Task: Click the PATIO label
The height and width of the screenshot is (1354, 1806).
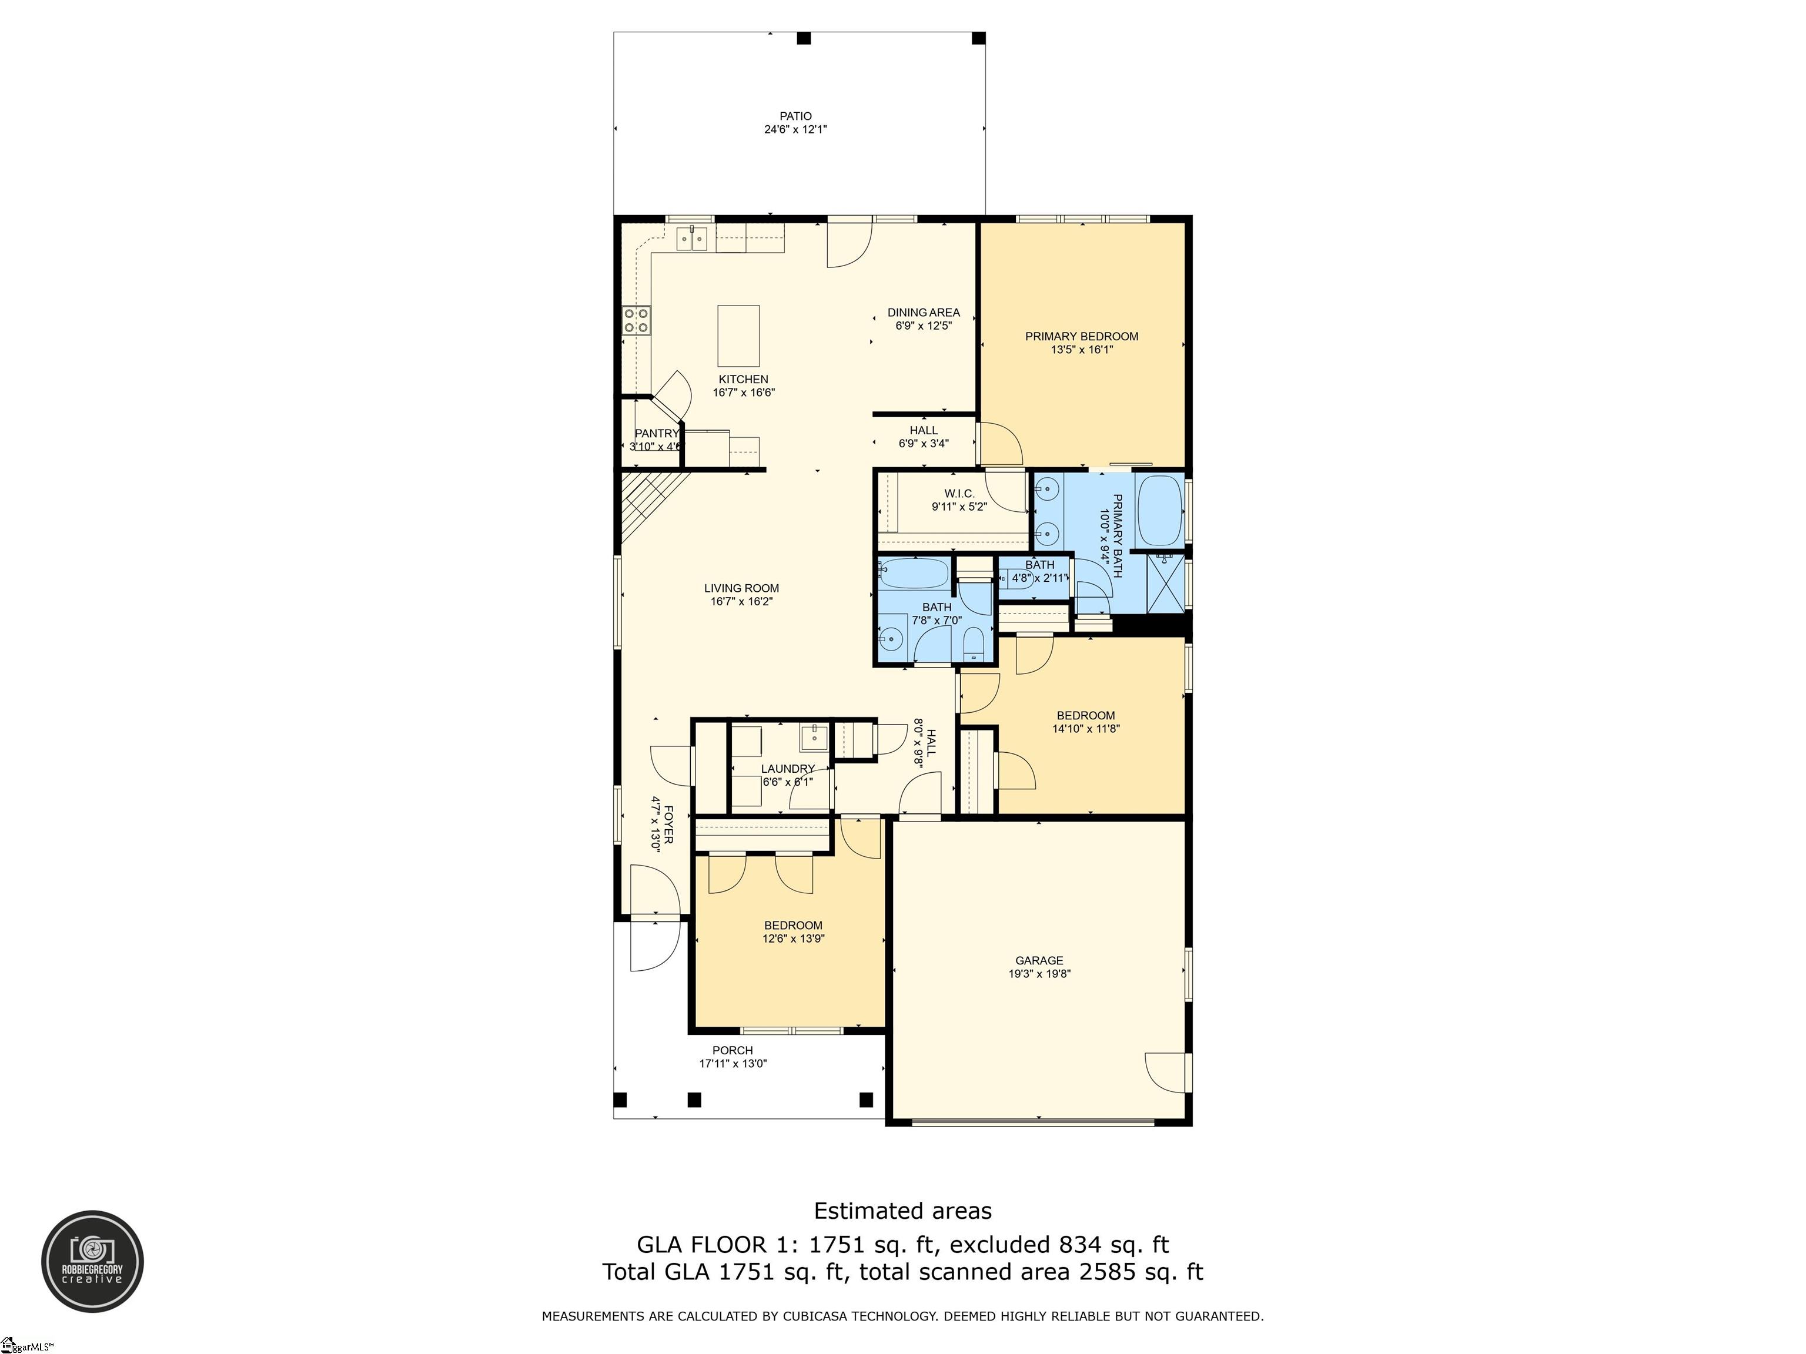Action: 795,116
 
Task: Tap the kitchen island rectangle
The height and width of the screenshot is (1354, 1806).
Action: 738,336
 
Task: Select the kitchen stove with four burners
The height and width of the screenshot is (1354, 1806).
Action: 636,320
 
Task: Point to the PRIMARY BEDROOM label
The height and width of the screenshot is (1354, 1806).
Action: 1082,336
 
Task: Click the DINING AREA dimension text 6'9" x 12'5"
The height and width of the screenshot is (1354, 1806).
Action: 924,326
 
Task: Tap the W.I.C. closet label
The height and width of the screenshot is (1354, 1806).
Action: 959,494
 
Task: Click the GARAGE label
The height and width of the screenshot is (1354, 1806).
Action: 1039,961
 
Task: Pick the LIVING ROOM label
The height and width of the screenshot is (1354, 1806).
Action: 741,588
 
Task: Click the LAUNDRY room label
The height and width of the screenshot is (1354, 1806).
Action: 788,769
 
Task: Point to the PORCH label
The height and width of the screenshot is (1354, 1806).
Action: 733,1050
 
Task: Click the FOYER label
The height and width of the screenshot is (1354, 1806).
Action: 668,825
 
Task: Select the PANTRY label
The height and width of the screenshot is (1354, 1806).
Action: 657,433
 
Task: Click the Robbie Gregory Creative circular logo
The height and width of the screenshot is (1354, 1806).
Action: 93,1262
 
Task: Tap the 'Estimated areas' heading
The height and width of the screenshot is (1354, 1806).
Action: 903,1211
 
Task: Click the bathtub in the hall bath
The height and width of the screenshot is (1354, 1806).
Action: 913,573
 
